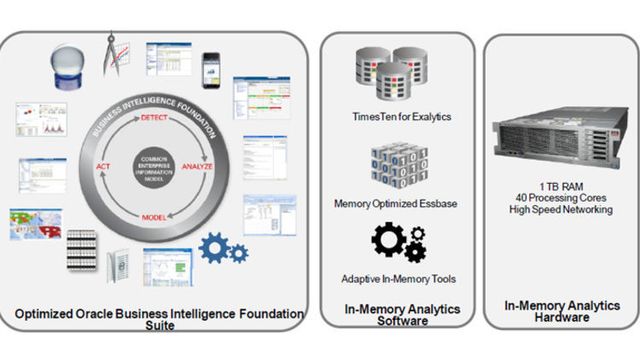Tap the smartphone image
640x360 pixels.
point(211,69)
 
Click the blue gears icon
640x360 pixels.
point(222,248)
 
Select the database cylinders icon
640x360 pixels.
point(395,74)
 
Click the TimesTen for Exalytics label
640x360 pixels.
point(397,117)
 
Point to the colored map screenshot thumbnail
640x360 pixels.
point(35,223)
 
